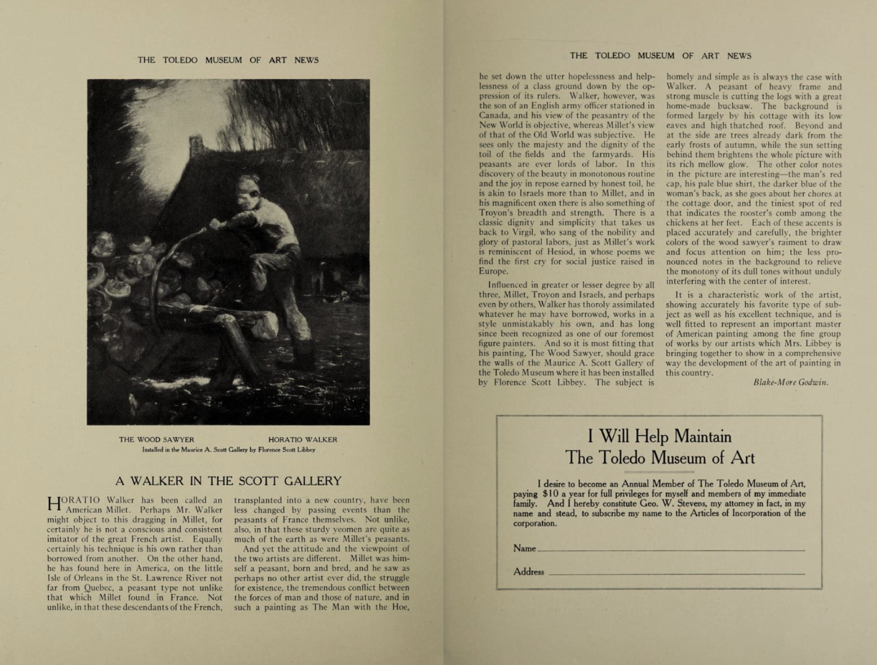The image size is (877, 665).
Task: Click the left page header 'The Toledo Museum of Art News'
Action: point(228,60)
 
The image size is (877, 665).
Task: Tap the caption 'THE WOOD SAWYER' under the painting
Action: point(156,439)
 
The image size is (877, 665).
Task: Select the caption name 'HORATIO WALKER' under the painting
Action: point(302,439)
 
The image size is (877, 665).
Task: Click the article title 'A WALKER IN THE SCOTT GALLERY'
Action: point(228,481)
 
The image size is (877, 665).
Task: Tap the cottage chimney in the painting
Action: point(198,147)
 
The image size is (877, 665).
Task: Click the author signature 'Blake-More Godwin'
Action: point(791,382)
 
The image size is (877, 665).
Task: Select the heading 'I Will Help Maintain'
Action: point(659,436)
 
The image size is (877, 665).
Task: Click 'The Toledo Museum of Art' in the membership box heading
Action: point(659,458)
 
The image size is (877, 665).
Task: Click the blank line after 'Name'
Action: point(671,549)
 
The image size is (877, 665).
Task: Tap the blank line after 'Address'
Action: point(676,573)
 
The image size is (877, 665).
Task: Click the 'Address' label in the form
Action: point(528,571)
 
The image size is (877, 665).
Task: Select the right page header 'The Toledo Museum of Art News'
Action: point(660,55)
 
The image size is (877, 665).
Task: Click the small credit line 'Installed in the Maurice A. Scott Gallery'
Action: point(228,450)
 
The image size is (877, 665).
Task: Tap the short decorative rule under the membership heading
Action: point(660,471)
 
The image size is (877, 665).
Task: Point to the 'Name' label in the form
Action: point(524,548)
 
